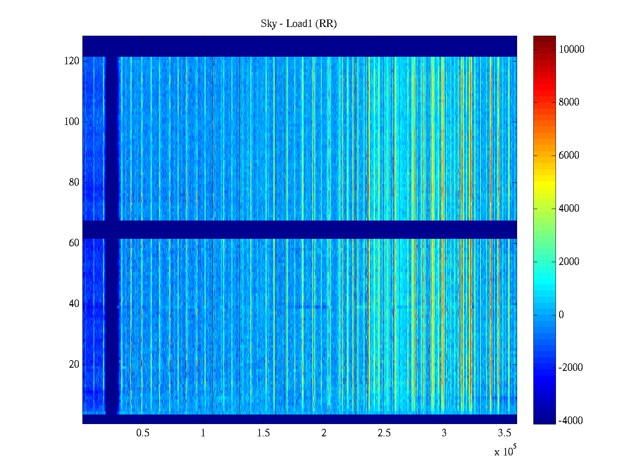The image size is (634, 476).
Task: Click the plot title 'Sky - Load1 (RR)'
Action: coord(299,24)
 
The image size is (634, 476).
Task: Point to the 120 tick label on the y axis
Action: coord(72,61)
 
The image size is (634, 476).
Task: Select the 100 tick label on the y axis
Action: coord(72,122)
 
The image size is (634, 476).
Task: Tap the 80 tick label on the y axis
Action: coord(74,182)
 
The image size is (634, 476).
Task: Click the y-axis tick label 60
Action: coord(74,243)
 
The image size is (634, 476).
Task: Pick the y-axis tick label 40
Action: coord(74,304)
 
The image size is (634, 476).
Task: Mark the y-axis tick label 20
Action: coord(74,365)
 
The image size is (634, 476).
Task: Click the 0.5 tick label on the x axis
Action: coord(143,433)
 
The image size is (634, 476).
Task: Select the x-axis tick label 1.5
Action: coord(263,433)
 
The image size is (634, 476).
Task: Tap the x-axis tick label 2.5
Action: coord(384,433)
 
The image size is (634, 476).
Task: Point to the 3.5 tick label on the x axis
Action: coord(504,433)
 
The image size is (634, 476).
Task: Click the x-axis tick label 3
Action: coord(444,433)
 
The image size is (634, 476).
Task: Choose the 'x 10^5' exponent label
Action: coord(505,451)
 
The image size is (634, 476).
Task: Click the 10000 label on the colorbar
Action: coord(571,50)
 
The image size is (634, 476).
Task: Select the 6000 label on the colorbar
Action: coord(569,155)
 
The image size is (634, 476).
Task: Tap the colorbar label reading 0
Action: coord(561,315)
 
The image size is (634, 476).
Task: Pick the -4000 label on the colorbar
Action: coord(571,421)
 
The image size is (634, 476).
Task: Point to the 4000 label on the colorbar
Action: coord(569,209)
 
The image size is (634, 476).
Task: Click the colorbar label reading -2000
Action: coord(571,368)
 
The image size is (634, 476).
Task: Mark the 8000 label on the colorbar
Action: coord(569,102)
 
